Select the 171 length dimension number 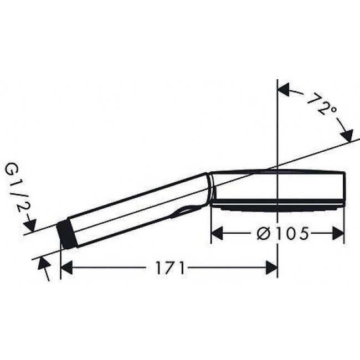(x=170, y=268)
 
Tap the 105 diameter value (x=292, y=234)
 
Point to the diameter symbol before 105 (x=265, y=234)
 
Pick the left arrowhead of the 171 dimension (x=66, y=268)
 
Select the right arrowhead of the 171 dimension (x=271, y=268)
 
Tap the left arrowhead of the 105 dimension (x=217, y=233)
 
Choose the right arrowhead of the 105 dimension (x=338, y=233)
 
